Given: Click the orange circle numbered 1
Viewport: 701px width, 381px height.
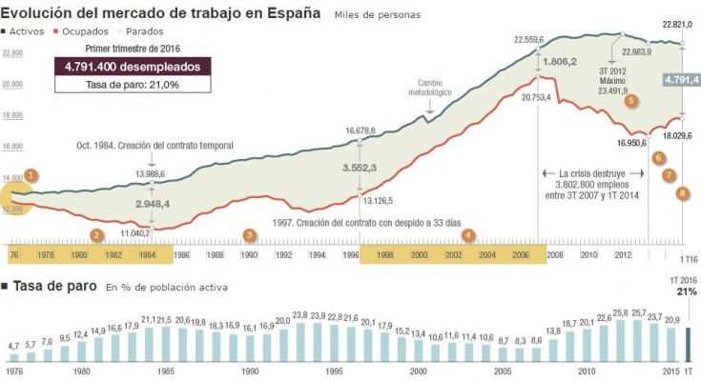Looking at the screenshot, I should (x=31, y=175).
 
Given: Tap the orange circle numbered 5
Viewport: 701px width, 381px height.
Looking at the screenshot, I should (x=630, y=101).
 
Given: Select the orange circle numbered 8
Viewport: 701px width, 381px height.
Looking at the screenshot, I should (x=682, y=193).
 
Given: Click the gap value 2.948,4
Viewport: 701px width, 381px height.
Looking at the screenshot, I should (x=153, y=204).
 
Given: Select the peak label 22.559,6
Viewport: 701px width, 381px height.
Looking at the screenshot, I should (x=528, y=40).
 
